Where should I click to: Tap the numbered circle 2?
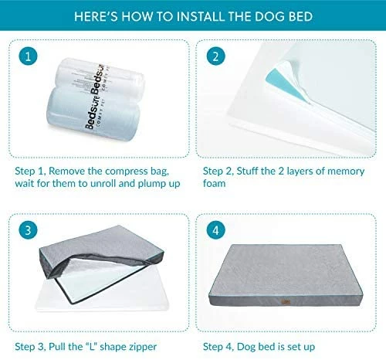(x=215, y=56)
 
